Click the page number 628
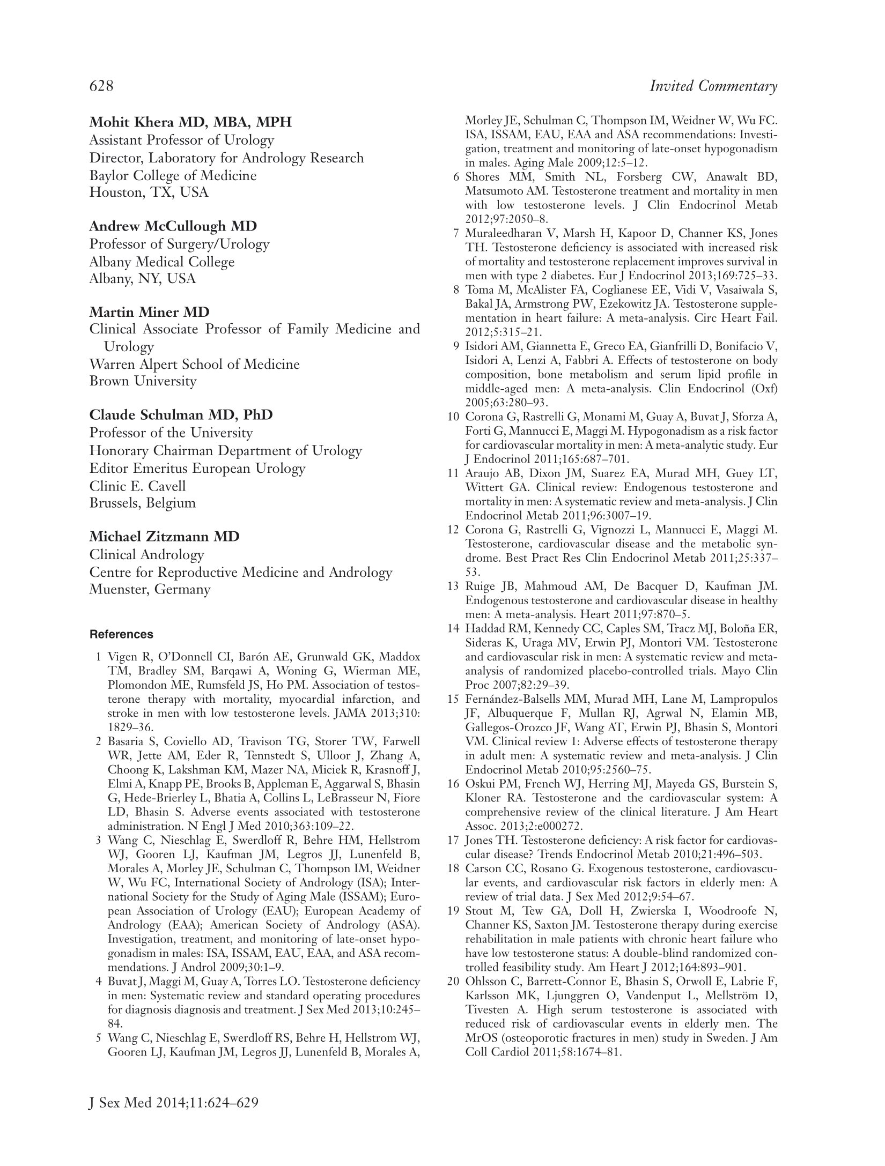pos(101,86)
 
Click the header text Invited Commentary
pos(713,86)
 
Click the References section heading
pos(121,634)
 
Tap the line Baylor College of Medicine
pos(173,175)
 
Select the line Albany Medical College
pos(162,262)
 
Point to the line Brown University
pos(143,381)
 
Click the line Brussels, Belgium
pos(142,503)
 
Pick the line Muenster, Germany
pos(150,589)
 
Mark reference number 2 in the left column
pos(99,742)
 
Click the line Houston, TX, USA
pos(149,192)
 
